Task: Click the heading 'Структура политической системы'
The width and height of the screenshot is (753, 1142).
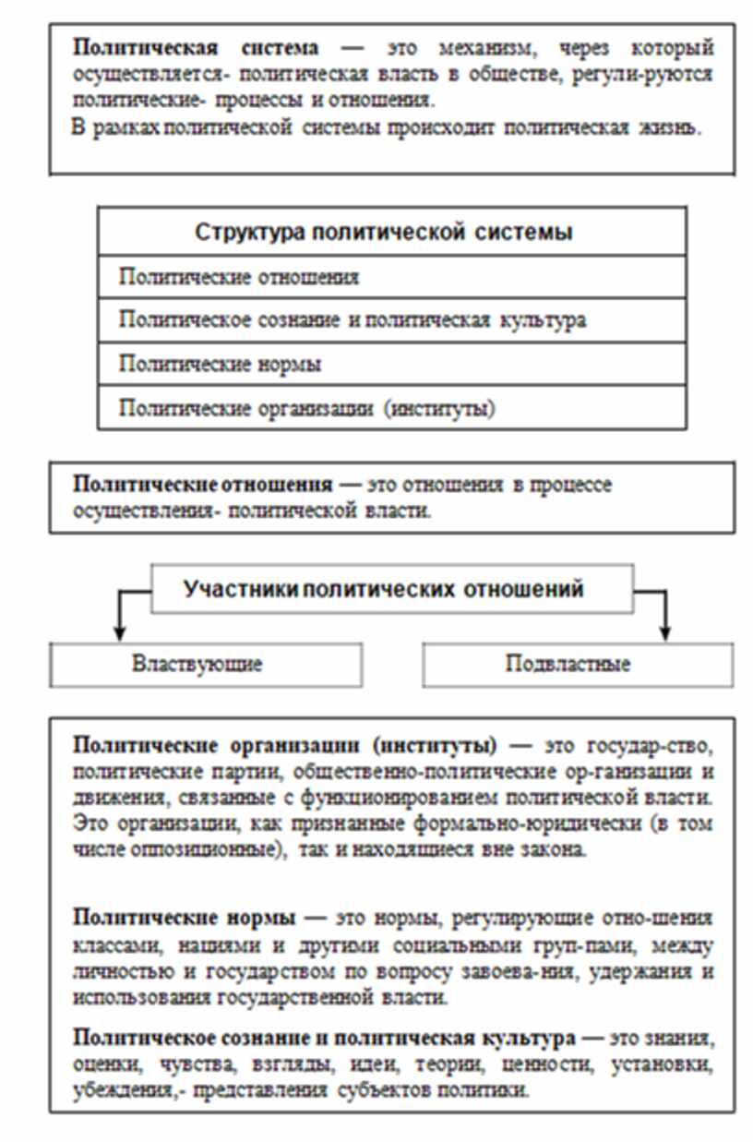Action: coord(384,232)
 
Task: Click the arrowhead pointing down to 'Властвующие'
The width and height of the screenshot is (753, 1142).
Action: coord(117,633)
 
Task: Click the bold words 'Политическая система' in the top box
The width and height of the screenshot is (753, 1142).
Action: coord(196,48)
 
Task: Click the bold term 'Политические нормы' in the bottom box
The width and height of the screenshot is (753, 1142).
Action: coord(184,919)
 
